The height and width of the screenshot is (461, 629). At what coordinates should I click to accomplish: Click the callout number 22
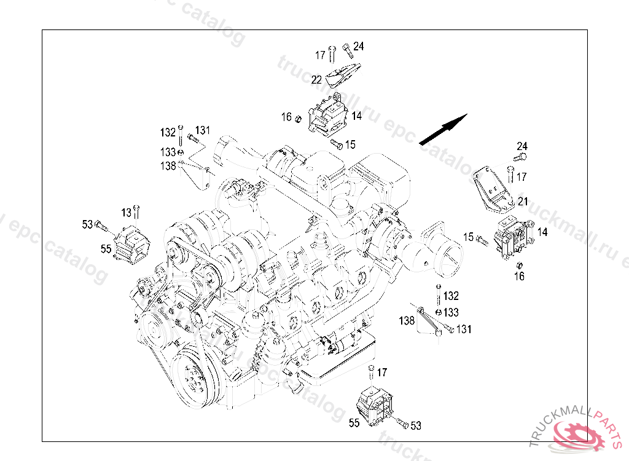[316, 79]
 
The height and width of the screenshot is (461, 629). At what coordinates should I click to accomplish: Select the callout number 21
[523, 201]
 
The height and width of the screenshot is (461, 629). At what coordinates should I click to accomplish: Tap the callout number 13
[126, 213]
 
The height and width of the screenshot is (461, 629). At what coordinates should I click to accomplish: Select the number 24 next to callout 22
[359, 46]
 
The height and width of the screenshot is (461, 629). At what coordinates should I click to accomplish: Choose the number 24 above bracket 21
[522, 146]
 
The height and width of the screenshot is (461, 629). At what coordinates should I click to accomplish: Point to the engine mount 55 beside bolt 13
[130, 243]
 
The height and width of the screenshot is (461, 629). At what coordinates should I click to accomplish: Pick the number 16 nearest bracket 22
[286, 117]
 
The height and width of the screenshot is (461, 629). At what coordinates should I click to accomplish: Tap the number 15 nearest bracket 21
[468, 237]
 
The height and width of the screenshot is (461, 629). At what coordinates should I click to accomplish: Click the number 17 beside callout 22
[320, 55]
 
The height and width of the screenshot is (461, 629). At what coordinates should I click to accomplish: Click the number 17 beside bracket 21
[522, 177]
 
